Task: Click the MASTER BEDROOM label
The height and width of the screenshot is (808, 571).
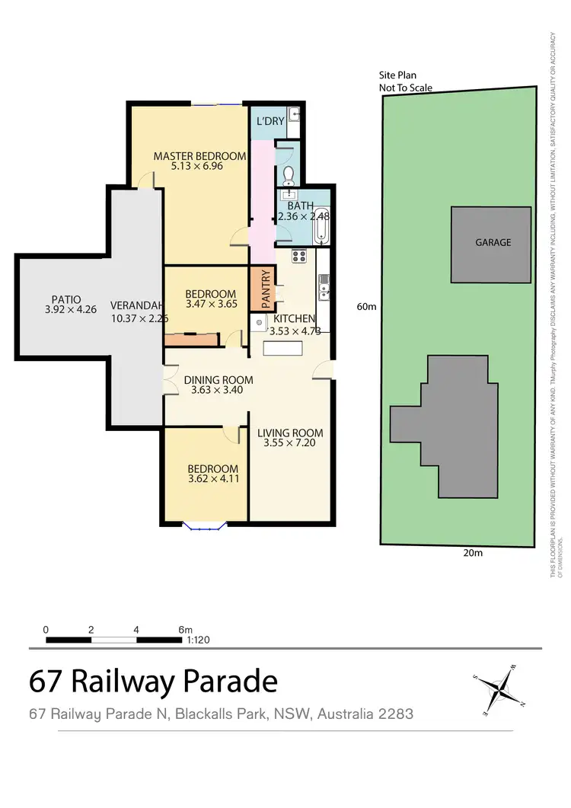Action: (x=199, y=156)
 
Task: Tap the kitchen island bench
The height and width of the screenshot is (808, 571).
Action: (x=282, y=348)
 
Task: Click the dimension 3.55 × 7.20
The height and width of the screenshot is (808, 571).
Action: (x=290, y=442)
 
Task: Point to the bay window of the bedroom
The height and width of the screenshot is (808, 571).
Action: (x=203, y=525)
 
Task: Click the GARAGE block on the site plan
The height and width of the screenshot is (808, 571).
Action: (x=493, y=243)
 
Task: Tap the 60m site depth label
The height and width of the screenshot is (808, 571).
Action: (x=366, y=307)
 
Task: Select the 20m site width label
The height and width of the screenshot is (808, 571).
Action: (x=473, y=554)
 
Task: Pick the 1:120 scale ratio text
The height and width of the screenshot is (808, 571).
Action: (x=198, y=640)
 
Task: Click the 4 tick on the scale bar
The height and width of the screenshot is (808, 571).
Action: (x=136, y=630)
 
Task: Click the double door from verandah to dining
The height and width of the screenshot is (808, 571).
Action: (x=164, y=380)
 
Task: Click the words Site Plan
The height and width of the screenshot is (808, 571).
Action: (x=398, y=75)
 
